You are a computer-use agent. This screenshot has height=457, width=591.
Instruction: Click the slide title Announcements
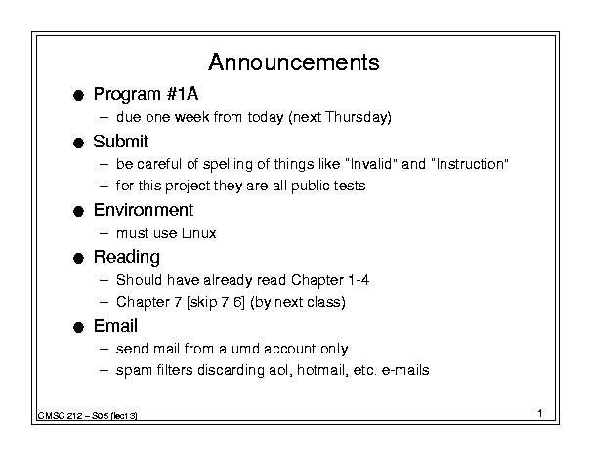(x=294, y=62)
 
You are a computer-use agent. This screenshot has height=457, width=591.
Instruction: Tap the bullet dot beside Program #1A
(x=78, y=95)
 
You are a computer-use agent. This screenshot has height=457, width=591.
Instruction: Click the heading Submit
(x=120, y=142)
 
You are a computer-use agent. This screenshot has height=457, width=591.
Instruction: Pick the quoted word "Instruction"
(x=470, y=164)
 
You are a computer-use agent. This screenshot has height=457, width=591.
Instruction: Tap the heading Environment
(x=144, y=210)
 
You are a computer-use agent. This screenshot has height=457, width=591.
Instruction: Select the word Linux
(x=198, y=233)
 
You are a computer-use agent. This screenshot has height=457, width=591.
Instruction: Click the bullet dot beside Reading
(x=78, y=259)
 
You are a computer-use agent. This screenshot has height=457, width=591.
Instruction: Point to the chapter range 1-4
(x=359, y=280)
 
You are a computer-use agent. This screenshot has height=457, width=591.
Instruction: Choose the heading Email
(x=115, y=326)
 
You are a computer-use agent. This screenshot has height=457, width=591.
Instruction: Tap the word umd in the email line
(x=245, y=349)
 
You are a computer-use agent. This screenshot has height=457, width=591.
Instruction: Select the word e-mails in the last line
(x=405, y=370)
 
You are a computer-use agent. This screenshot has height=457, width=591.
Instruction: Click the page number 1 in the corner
(x=540, y=413)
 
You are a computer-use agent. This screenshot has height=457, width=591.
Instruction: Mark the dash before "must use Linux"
(x=104, y=234)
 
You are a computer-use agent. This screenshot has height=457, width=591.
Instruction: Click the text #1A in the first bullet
(x=182, y=94)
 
